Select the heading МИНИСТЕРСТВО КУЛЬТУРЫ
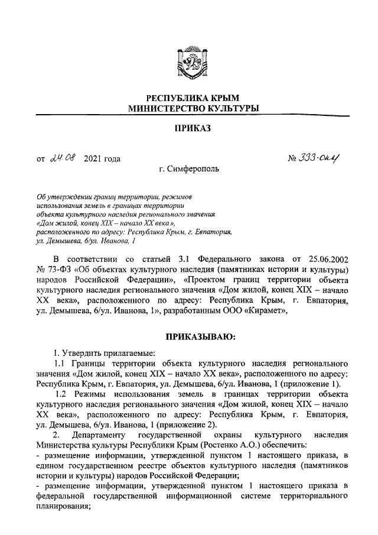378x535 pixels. coord(189,108)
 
